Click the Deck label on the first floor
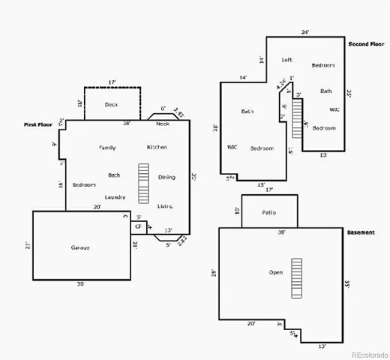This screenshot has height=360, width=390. pos(111,104)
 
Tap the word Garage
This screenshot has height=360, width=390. pos(80,247)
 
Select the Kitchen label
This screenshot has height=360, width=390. pos(157,147)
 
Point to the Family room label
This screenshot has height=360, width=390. pos(107,148)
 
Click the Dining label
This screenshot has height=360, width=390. pos(166,177)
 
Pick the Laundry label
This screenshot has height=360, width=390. pos(115,196)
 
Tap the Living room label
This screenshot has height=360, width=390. pos(165,205)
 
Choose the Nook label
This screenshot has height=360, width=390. pos(163,124)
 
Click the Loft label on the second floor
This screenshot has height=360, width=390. pos(286,60)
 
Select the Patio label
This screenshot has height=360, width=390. pos(269,212)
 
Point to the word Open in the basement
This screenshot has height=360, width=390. pos(276,272)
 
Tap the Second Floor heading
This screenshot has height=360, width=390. pos(367,44)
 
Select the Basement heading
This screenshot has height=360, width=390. pos(361,232)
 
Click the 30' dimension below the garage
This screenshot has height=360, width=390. pos(80,284)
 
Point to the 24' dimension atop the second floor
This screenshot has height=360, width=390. pos(305,32)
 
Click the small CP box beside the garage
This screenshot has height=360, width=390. pos(139,226)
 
